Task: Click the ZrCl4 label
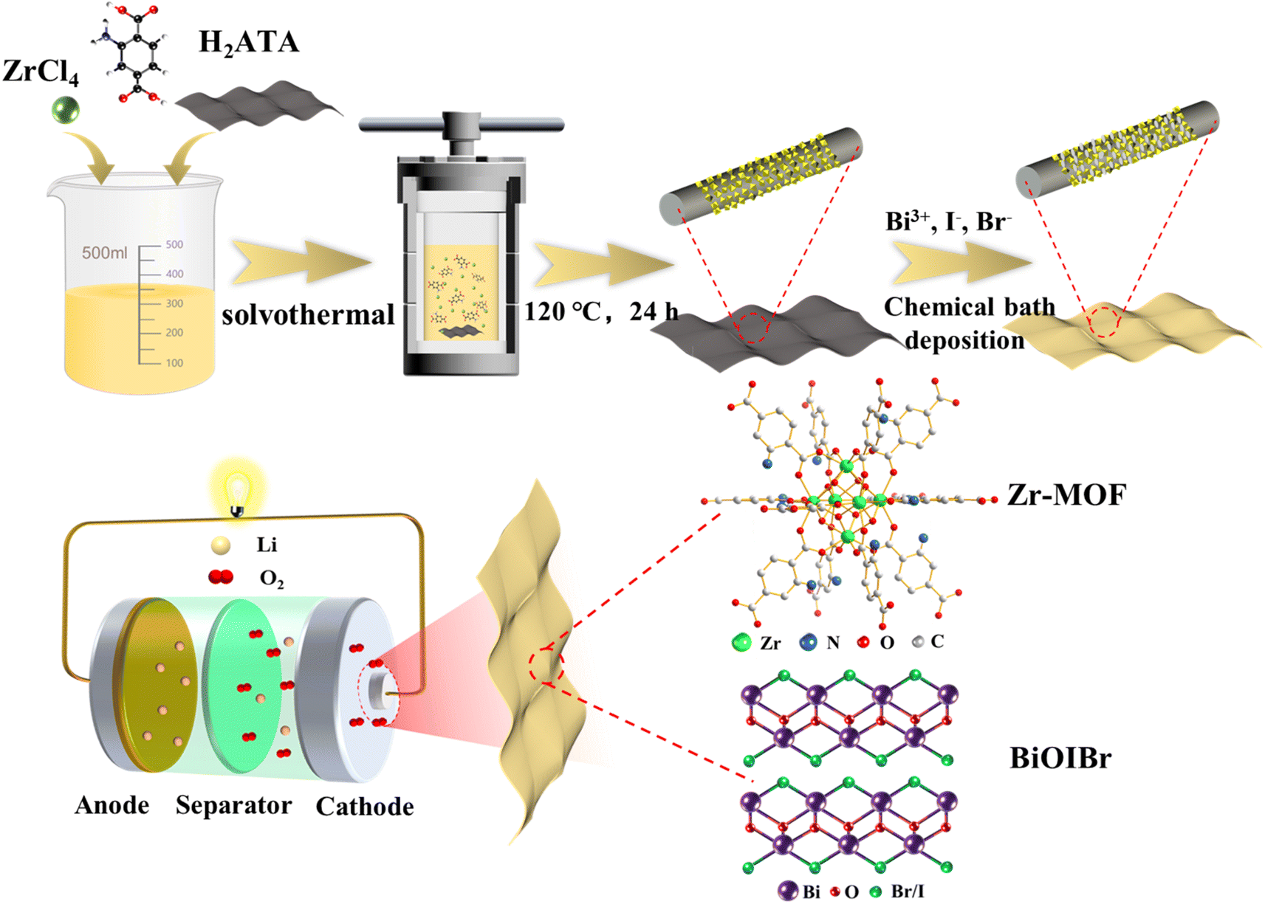click(40, 72)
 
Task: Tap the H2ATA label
click(249, 43)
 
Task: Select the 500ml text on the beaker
click(104, 253)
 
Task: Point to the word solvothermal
click(308, 315)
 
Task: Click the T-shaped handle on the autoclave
click(462, 126)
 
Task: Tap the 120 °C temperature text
click(562, 312)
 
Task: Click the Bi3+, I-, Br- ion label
click(948, 221)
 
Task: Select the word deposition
click(964, 340)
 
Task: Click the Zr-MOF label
click(1066, 495)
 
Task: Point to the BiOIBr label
click(1060, 758)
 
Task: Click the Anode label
click(112, 805)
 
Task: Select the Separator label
click(233, 805)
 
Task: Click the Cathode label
click(364, 807)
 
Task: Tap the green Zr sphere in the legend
click(741, 643)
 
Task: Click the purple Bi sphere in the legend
click(788, 891)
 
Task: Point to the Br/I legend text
click(907, 891)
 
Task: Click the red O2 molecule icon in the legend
click(221, 577)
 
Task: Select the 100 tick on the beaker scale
click(174, 363)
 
